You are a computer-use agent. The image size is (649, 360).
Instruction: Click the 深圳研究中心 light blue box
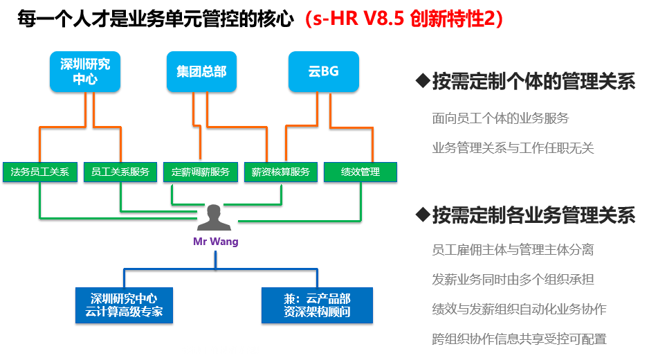(x=85, y=72)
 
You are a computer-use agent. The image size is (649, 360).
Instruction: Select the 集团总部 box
(x=201, y=72)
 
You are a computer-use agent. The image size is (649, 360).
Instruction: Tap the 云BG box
(x=324, y=72)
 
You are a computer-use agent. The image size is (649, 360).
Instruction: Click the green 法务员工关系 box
(x=40, y=172)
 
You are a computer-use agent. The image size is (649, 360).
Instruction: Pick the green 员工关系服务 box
(x=120, y=172)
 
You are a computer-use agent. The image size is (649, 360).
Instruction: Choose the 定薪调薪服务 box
(x=201, y=172)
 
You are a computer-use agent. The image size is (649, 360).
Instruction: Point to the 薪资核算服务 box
(x=281, y=172)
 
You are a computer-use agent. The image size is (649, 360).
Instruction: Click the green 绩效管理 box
(x=360, y=172)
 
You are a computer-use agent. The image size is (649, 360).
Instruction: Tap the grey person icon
(x=214, y=217)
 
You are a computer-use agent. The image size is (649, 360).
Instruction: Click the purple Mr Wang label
(x=216, y=242)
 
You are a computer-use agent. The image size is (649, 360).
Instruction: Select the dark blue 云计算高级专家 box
(x=124, y=305)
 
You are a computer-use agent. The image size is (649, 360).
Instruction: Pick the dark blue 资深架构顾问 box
(x=317, y=305)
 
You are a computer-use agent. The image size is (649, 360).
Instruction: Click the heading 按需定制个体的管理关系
(x=534, y=81)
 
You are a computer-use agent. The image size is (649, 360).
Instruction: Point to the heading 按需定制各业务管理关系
(x=534, y=215)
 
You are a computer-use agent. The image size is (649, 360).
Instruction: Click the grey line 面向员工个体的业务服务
(x=500, y=118)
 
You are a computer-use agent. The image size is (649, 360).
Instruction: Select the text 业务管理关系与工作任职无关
(x=513, y=148)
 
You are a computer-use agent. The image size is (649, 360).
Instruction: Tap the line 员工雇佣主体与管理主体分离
(x=513, y=250)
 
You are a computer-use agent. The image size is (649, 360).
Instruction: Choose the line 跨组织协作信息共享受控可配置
(x=520, y=339)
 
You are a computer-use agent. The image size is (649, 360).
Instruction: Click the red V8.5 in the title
(x=384, y=19)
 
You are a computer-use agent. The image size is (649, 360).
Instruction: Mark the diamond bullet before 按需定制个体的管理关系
(x=423, y=80)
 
